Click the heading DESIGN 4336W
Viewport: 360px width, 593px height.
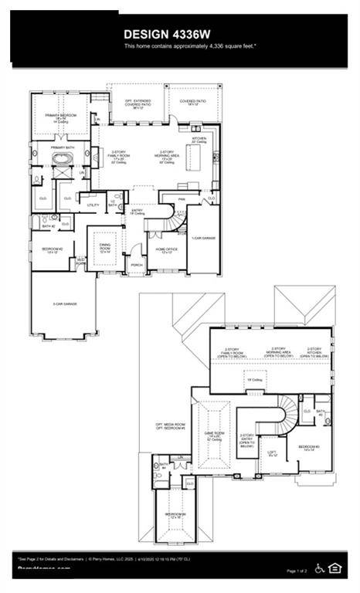tap(168, 34)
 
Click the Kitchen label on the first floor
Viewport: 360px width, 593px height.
tap(200, 139)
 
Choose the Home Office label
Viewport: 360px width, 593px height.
tap(167, 250)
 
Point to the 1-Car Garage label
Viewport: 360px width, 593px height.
tap(203, 239)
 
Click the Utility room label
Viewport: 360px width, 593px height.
tap(92, 205)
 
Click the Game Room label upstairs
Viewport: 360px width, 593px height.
tap(215, 435)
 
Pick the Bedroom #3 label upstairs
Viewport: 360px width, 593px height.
tap(311, 447)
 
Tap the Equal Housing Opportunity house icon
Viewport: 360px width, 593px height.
tap(335, 568)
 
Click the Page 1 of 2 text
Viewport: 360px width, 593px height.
tap(297, 571)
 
